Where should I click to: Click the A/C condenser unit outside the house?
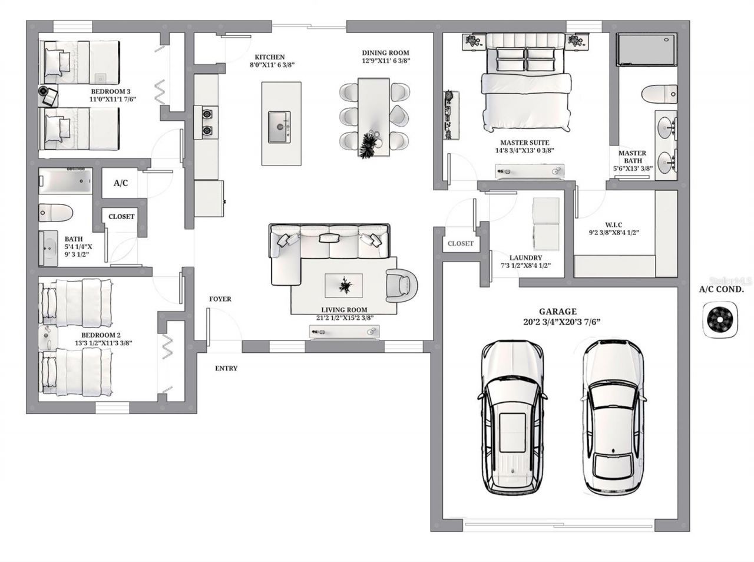pyautogui.click(x=720, y=320)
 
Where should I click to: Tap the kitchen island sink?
pyautogui.click(x=279, y=127)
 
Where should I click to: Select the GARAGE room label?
pyautogui.click(x=557, y=312)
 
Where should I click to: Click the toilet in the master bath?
pyautogui.click(x=659, y=94)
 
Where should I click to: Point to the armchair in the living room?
pyautogui.click(x=402, y=286)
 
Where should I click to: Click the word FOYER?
pyautogui.click(x=220, y=299)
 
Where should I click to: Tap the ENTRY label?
pyautogui.click(x=226, y=368)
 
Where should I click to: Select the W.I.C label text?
pyautogui.click(x=613, y=225)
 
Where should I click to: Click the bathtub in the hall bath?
pyautogui.click(x=65, y=181)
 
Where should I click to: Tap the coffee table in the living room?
pyautogui.click(x=343, y=286)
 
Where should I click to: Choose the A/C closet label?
pyautogui.click(x=121, y=183)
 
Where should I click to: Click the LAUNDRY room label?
pyautogui.click(x=525, y=257)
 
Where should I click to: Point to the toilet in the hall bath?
pyautogui.click(x=55, y=213)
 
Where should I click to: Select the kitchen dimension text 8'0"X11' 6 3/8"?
pyautogui.click(x=272, y=65)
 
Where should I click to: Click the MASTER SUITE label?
pyautogui.click(x=524, y=143)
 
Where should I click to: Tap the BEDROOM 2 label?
pyautogui.click(x=101, y=335)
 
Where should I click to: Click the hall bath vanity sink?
pyautogui.click(x=48, y=249)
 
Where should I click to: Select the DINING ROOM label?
pyautogui.click(x=385, y=53)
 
